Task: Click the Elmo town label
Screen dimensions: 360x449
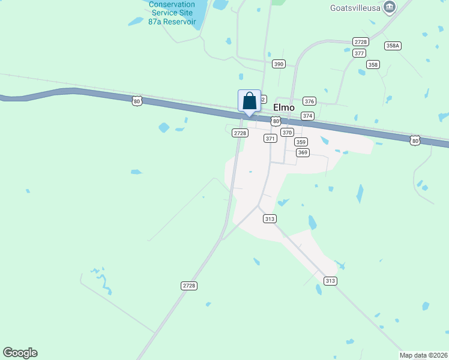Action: [x=284, y=107]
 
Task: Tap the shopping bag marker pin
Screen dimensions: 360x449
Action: [x=250, y=101]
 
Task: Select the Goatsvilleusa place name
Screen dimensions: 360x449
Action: [x=355, y=8]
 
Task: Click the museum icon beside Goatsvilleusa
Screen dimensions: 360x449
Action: [x=390, y=7]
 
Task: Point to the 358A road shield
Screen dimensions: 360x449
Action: [x=393, y=46]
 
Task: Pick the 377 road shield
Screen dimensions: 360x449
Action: [x=360, y=53]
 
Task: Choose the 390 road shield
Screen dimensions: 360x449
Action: [x=278, y=64]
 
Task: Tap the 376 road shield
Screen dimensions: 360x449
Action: [x=310, y=101]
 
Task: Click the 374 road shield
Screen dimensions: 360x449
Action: [x=307, y=116]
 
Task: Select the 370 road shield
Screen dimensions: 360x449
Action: [x=287, y=133]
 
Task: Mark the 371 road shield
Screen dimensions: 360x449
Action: [x=270, y=139]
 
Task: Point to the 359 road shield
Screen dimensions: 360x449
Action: [x=301, y=142]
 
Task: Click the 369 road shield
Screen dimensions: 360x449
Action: [x=303, y=152]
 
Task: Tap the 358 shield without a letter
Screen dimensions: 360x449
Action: [x=373, y=64]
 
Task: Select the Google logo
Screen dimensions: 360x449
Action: [x=20, y=353]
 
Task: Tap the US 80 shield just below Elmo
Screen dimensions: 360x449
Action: [x=276, y=121]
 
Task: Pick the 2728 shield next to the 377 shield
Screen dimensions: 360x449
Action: [x=360, y=41]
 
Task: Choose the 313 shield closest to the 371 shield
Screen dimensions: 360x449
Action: [x=270, y=219]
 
